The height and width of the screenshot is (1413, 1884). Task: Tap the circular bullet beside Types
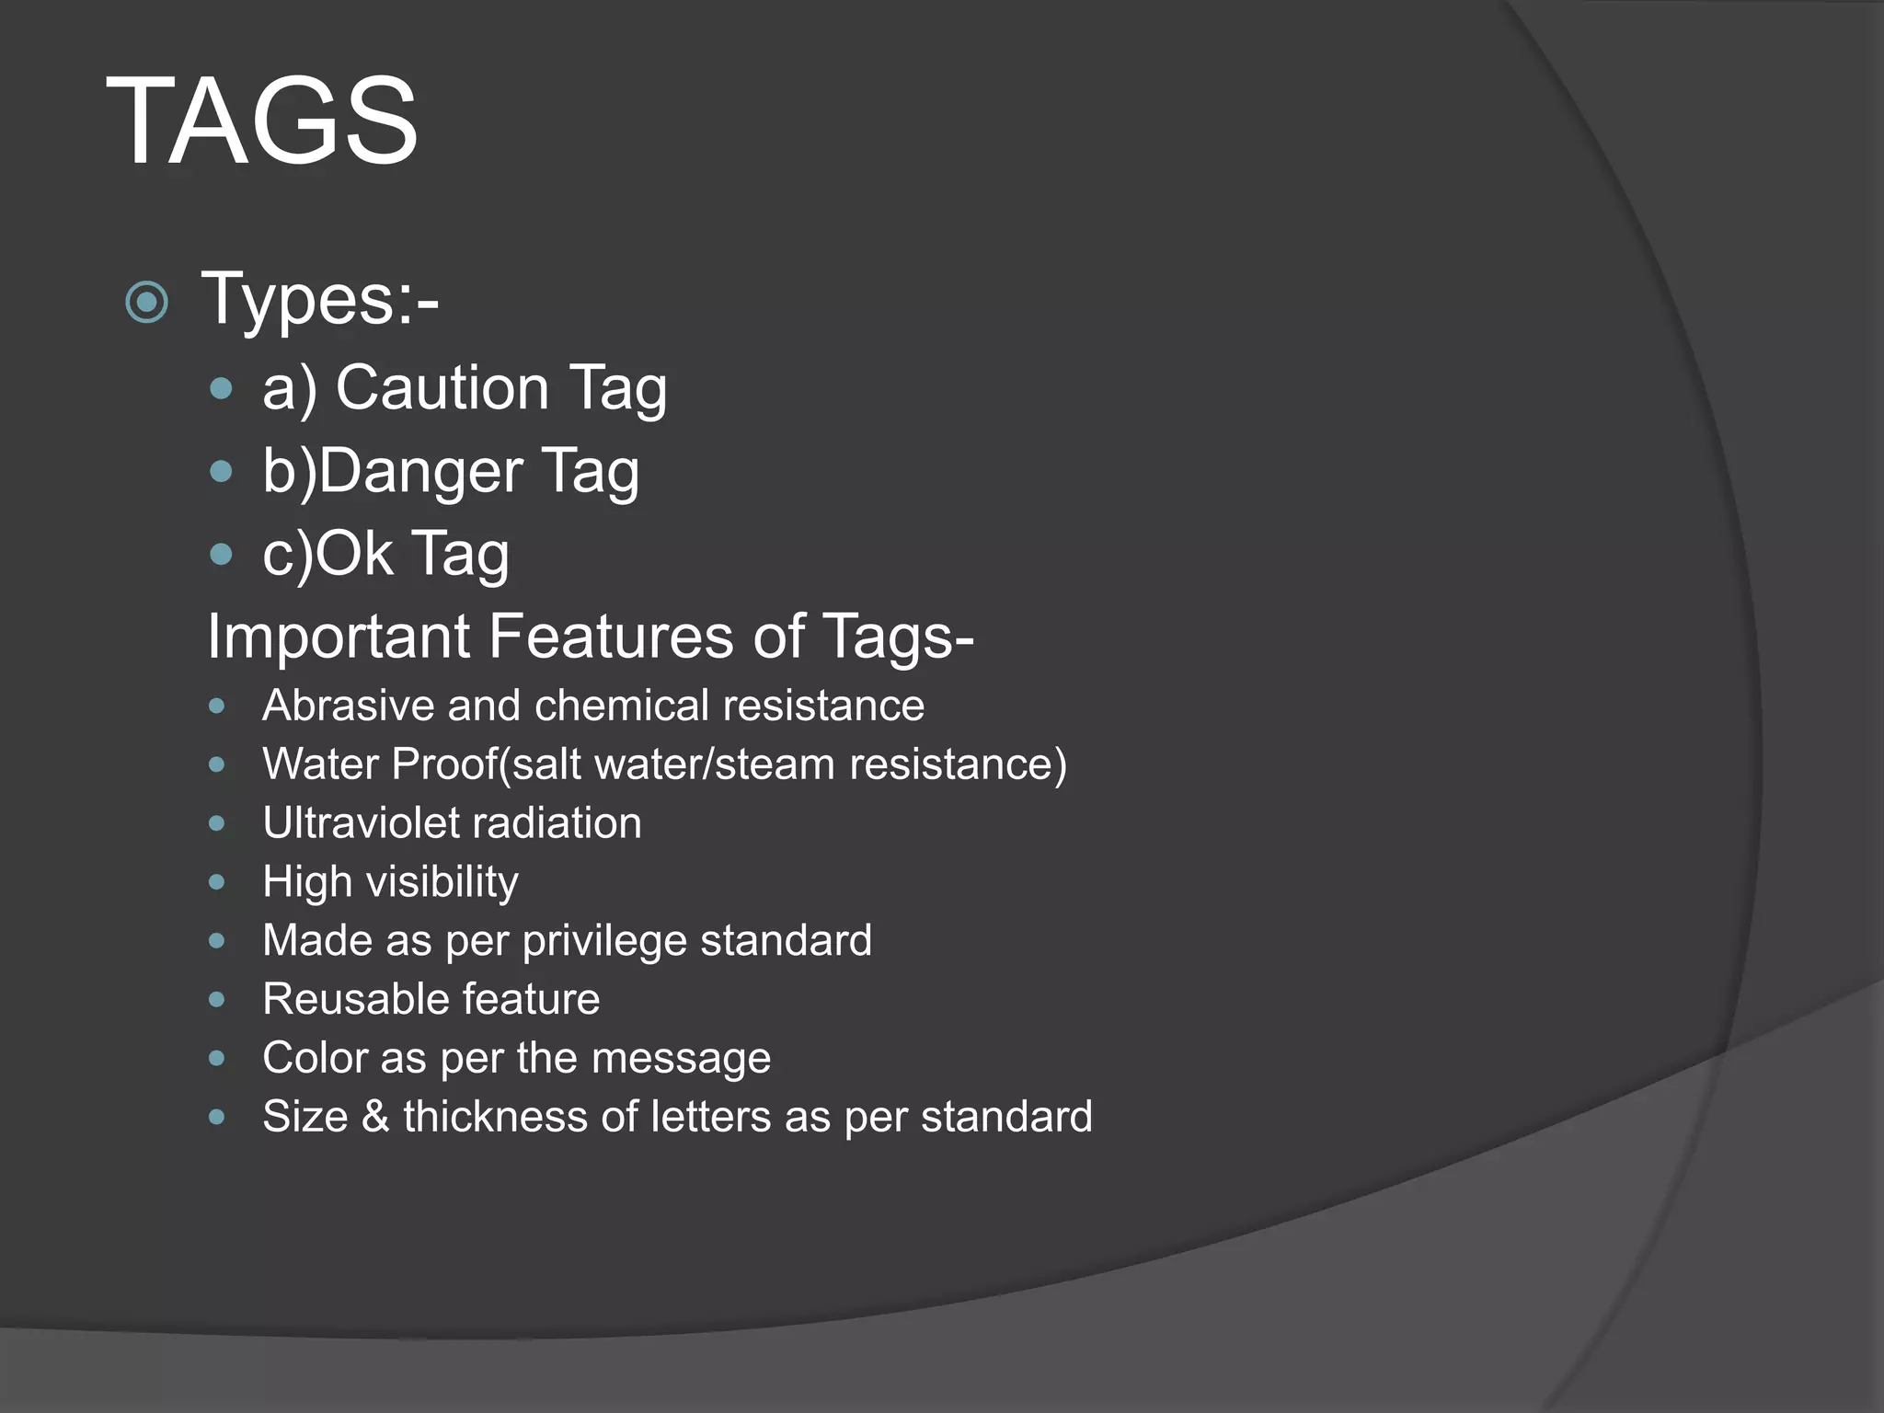tap(147, 302)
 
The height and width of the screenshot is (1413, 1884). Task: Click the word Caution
tap(442, 387)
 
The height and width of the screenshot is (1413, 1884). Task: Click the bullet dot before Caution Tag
tap(221, 388)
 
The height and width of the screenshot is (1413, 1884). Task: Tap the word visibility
tap(442, 882)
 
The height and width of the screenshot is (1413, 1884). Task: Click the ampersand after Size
tap(375, 1117)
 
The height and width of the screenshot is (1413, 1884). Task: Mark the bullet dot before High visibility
tap(217, 882)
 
